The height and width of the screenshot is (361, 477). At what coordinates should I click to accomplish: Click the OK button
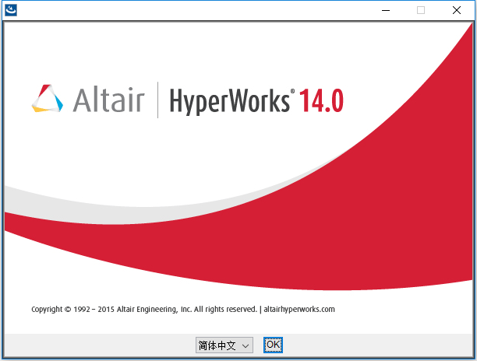point(273,345)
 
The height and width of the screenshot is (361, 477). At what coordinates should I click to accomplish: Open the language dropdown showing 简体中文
point(224,345)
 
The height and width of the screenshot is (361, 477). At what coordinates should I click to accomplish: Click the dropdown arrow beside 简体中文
point(246,345)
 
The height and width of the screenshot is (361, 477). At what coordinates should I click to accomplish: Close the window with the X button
point(456,10)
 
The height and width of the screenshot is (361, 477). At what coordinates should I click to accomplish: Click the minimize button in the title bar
point(386,11)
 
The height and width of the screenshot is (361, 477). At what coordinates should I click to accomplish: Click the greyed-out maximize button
point(421,10)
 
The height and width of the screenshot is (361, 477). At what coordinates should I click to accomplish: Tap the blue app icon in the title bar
point(11,10)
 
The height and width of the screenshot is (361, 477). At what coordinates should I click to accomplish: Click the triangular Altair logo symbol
point(48,99)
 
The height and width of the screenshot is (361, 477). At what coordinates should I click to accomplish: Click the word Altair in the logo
point(108,100)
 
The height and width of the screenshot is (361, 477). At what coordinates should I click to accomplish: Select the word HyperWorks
point(230,101)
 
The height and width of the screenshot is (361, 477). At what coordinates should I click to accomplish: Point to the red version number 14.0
point(322,100)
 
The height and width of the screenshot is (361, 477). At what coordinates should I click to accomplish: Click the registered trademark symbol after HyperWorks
point(292,91)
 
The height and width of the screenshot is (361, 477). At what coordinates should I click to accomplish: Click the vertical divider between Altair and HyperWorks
point(157,100)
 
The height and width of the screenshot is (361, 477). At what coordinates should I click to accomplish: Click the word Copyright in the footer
point(47,310)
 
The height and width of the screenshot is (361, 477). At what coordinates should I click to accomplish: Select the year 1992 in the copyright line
point(82,310)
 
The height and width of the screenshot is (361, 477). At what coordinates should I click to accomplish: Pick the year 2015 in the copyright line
point(106,310)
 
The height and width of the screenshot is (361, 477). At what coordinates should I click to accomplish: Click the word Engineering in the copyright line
point(157,310)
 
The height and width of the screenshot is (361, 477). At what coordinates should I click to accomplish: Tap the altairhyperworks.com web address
point(299,310)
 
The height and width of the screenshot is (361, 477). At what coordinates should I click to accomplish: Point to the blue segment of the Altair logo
point(58,103)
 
